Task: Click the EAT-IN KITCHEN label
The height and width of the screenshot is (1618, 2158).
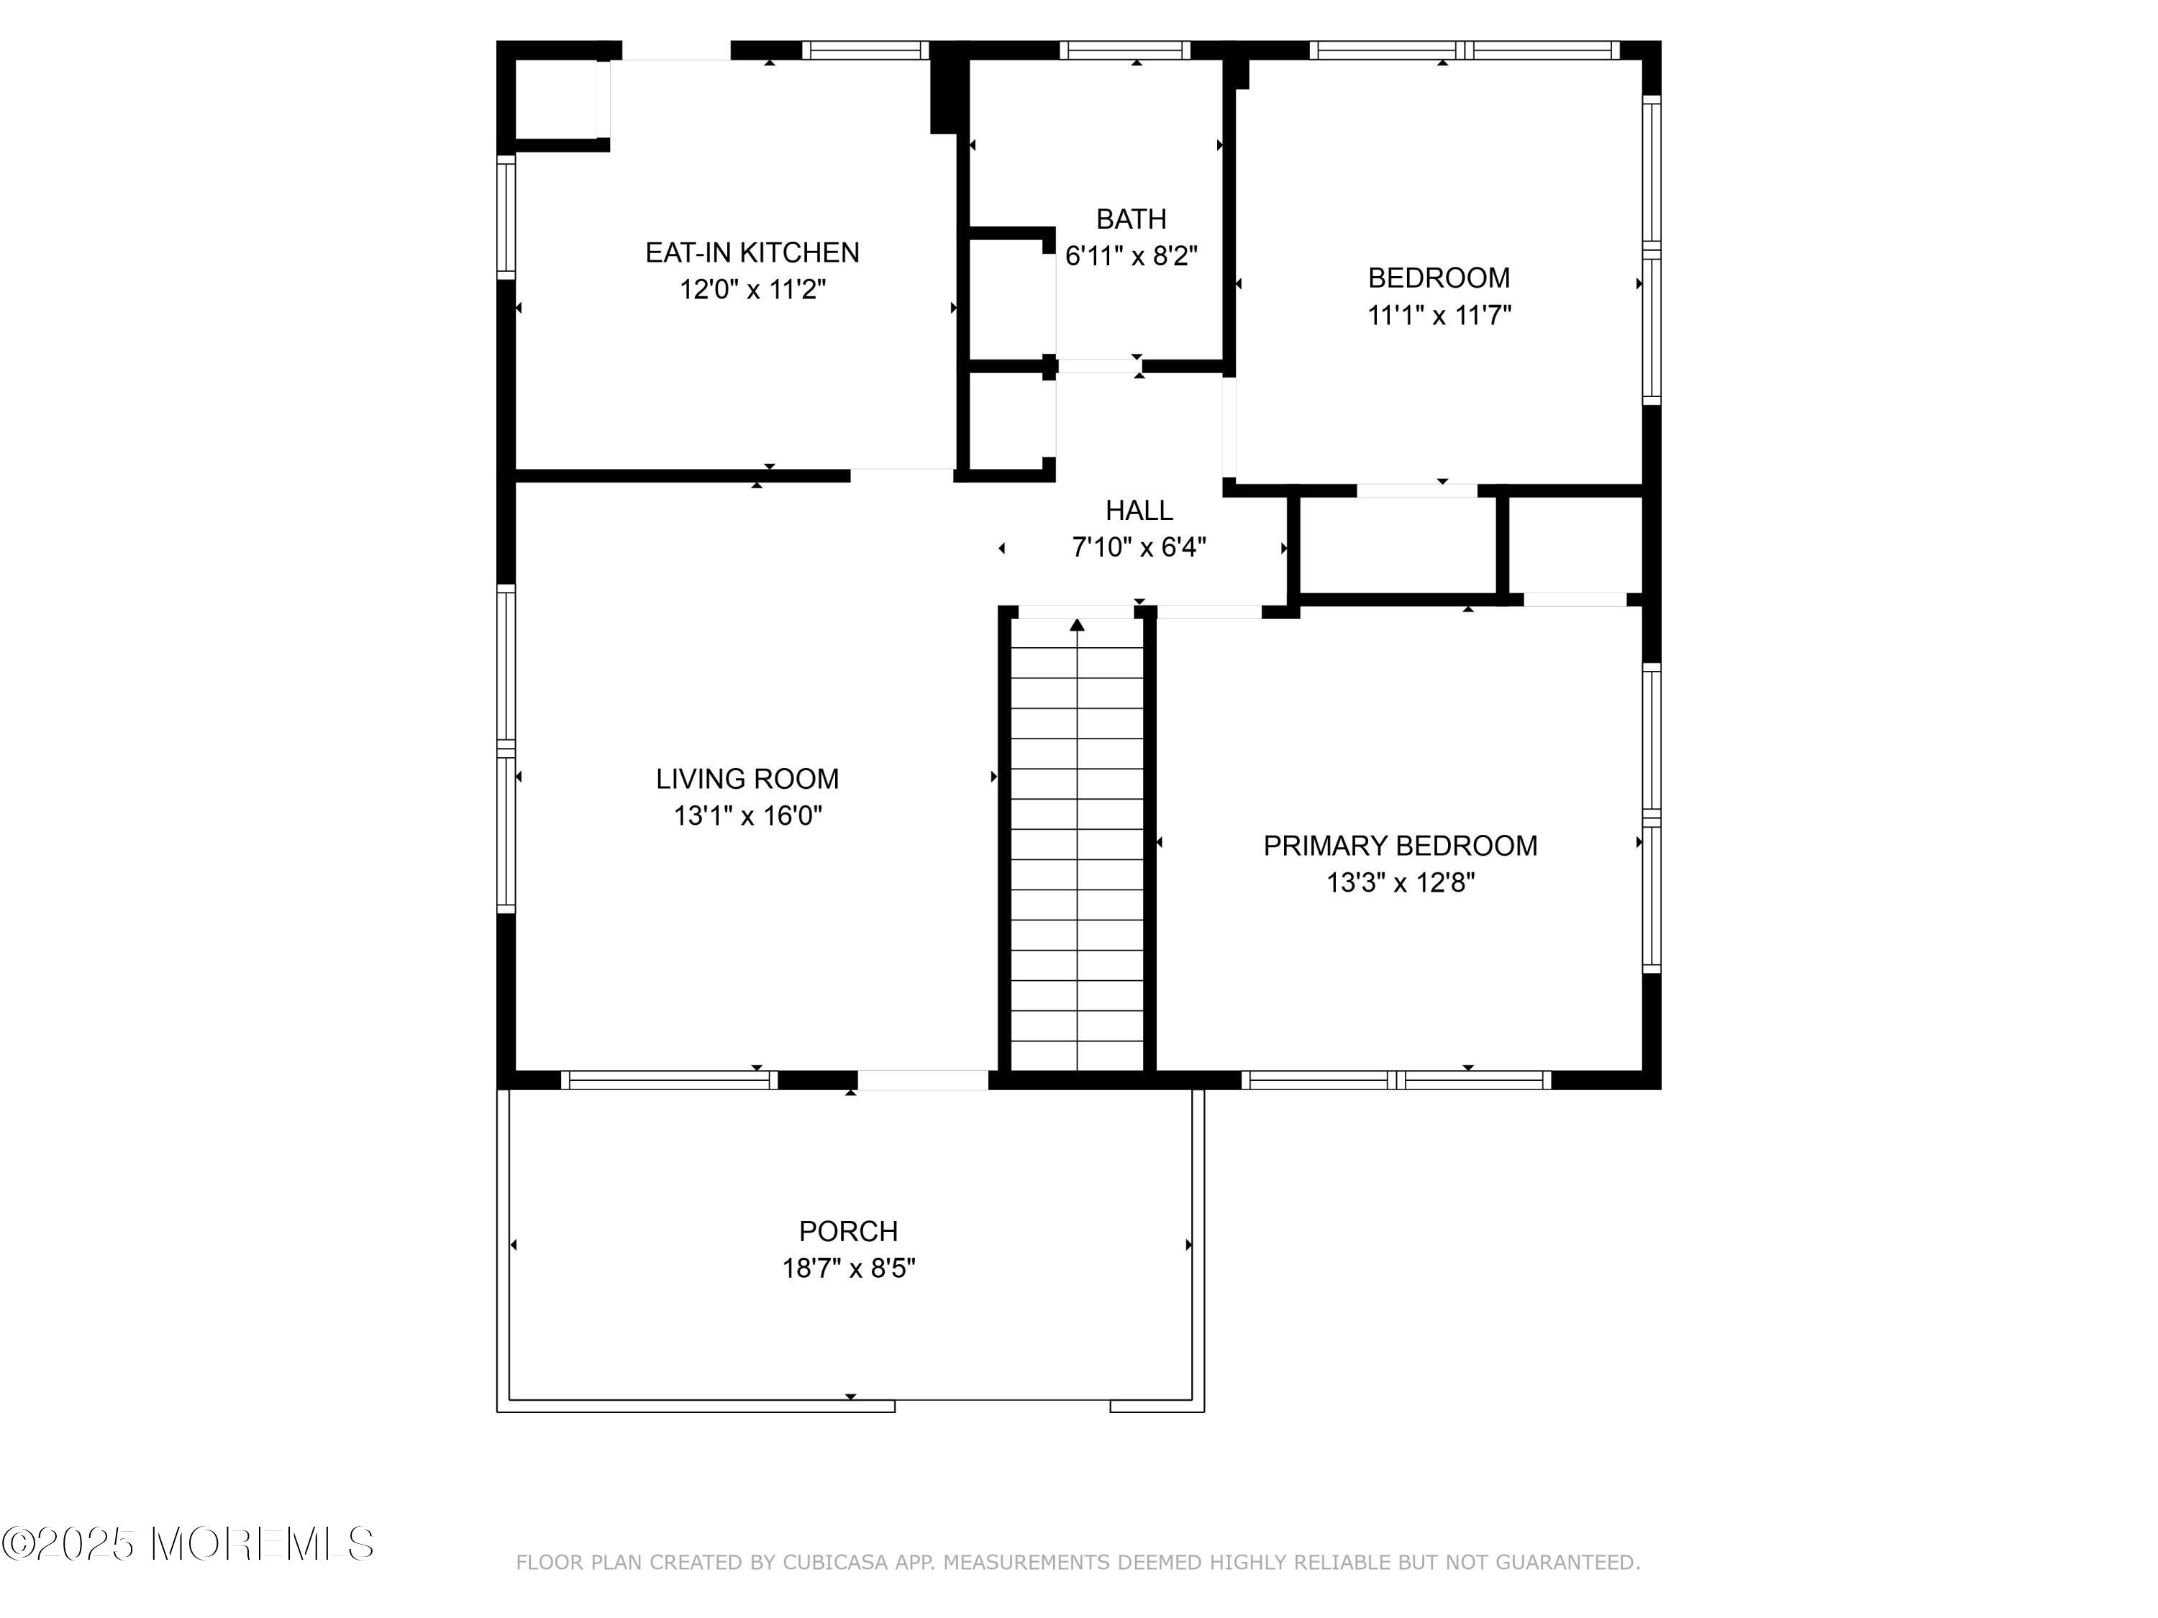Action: click(x=752, y=252)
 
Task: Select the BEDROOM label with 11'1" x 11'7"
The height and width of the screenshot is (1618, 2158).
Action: click(x=1439, y=278)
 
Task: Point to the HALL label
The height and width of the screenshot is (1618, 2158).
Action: click(x=1139, y=510)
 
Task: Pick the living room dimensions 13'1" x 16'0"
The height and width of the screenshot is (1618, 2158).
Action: click(x=747, y=816)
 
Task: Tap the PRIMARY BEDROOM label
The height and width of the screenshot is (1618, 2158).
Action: click(x=1400, y=846)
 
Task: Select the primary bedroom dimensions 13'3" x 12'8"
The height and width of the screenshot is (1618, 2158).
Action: click(x=1400, y=882)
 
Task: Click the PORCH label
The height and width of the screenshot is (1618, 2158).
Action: click(x=849, y=1232)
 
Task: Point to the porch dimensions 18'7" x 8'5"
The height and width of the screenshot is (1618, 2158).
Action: click(x=849, y=1269)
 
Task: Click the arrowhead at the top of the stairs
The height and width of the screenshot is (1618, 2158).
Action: click(x=1077, y=624)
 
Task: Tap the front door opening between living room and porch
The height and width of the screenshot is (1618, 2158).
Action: click(x=923, y=1079)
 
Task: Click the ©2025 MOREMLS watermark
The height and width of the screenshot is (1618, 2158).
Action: click(x=187, y=1544)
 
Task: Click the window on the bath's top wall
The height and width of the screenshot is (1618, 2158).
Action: click(x=1125, y=50)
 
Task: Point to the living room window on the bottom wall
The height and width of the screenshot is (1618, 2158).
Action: click(x=669, y=1079)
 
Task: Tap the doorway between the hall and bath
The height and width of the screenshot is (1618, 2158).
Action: click(x=1099, y=366)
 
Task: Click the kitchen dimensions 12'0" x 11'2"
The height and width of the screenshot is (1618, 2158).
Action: click(x=752, y=290)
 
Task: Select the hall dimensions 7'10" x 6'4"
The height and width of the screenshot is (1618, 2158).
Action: click(x=1139, y=547)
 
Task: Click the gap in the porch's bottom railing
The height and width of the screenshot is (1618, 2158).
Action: click(x=1003, y=1405)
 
